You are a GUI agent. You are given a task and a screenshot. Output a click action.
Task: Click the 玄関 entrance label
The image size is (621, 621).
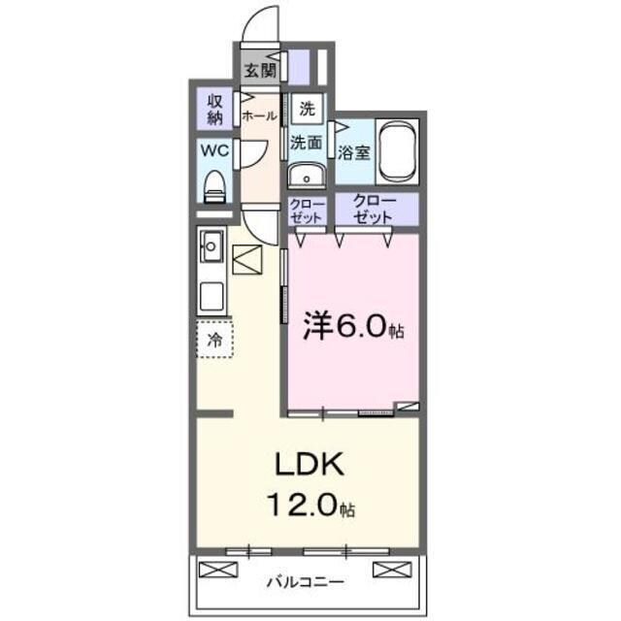coord(258,70)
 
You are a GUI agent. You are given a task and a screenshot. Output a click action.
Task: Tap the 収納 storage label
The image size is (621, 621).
coord(214,109)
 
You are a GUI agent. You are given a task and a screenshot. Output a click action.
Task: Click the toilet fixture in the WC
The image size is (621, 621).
coord(214,184)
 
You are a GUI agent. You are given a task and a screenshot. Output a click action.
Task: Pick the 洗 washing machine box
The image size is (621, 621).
coord(307,109)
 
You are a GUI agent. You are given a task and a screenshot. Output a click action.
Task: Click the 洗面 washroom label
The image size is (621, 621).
coord(307,142)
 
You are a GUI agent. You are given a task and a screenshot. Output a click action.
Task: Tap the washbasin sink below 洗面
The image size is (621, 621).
coord(308,177)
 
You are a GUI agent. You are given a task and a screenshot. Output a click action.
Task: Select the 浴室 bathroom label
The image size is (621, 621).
coord(353,150)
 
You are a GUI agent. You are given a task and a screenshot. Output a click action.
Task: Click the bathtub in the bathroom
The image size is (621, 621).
coord(398,151)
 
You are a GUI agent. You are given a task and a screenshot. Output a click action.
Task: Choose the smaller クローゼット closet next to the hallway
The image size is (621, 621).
coord(307,211)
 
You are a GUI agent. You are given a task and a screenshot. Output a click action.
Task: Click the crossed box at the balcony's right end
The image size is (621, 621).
coord(386,570)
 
